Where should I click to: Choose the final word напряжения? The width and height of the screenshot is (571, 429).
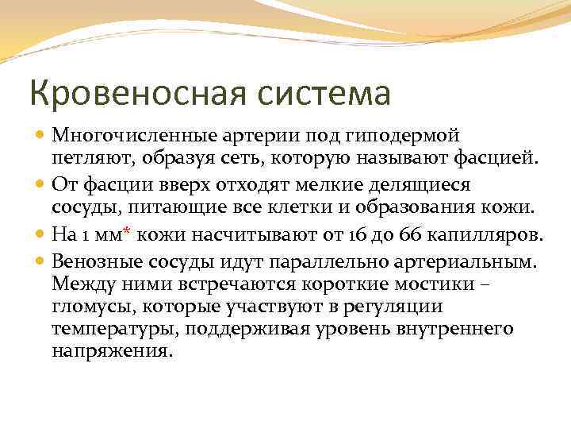(110, 350)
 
